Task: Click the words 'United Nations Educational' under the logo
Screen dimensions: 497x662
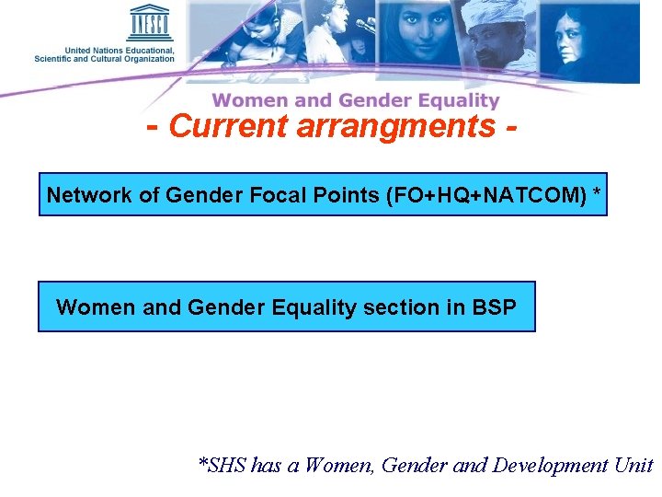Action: tap(119, 50)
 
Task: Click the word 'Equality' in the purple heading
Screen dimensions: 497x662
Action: tap(458, 100)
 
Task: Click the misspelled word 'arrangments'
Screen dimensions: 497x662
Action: tap(394, 127)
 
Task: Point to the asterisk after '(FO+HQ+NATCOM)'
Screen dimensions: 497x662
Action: tap(598, 193)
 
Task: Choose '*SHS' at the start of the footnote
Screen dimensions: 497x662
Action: tap(223, 465)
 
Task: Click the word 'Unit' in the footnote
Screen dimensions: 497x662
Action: tap(633, 465)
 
